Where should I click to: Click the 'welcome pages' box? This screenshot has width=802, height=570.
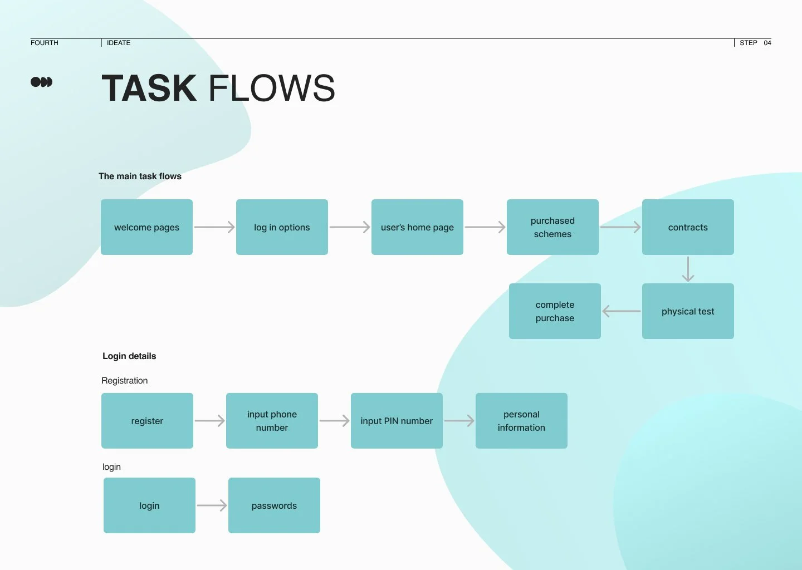pyautogui.click(x=146, y=227)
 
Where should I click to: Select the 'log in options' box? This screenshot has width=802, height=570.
pyautogui.click(x=282, y=227)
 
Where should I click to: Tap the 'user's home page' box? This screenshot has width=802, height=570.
pyautogui.click(x=417, y=227)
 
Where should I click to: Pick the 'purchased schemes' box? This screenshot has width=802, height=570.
pyautogui.click(x=552, y=227)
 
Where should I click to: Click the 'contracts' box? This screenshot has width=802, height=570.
pyautogui.click(x=688, y=227)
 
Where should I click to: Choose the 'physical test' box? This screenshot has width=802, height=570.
pyautogui.click(x=688, y=311)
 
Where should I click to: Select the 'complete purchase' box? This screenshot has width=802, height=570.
pyautogui.click(x=555, y=311)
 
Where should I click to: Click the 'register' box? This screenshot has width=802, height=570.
pyautogui.click(x=147, y=421)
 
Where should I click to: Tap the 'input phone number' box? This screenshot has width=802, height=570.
pyautogui.click(x=272, y=421)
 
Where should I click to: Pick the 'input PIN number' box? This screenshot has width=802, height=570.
pyautogui.click(x=397, y=421)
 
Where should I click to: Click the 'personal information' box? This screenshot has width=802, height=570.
pyautogui.click(x=521, y=421)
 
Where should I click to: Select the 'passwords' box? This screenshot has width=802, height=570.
pyautogui.click(x=274, y=505)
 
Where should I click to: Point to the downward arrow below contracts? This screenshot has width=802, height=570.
pyautogui.click(x=688, y=269)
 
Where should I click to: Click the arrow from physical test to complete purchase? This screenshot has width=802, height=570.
pyautogui.click(x=622, y=311)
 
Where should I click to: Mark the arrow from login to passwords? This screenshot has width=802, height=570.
pyautogui.click(x=212, y=505)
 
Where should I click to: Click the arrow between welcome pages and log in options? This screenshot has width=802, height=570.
pyautogui.click(x=214, y=227)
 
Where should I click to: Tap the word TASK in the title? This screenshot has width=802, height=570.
pyautogui.click(x=149, y=89)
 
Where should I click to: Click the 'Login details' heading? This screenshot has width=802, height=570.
pyautogui.click(x=129, y=356)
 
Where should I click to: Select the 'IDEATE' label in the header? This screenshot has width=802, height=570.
pyautogui.click(x=119, y=43)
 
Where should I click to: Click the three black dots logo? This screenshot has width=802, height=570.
pyautogui.click(x=41, y=82)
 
